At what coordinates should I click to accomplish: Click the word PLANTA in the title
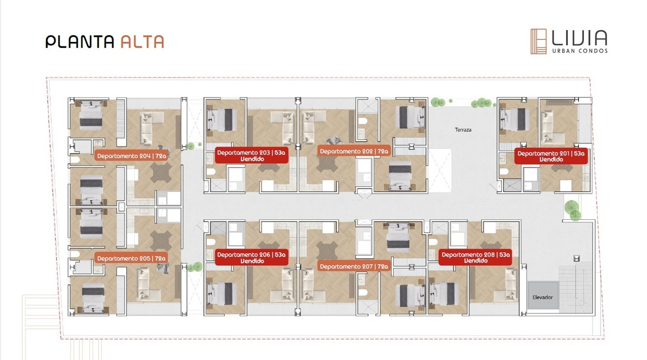coord(80,41)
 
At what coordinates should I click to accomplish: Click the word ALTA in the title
coord(142,41)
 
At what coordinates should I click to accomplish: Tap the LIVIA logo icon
coord(539,41)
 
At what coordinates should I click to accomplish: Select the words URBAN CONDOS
coord(580,51)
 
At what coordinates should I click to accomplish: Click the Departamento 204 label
coord(132,156)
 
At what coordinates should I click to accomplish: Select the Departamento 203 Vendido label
coord(252,155)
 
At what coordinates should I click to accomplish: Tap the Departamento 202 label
coord(354,151)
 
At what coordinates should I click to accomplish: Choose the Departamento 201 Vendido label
coord(551,156)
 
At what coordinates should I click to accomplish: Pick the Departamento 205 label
coord(131,258)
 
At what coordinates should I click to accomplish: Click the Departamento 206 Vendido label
coord(252,258)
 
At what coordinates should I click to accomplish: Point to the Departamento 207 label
coord(354,266)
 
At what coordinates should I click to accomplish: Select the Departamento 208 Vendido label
coord(476,257)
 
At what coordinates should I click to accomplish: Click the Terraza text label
coord(463,130)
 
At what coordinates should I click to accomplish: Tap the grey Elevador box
coord(543,295)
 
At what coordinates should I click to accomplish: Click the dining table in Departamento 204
coord(161,172)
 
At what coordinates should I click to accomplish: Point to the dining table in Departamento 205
coord(161,240)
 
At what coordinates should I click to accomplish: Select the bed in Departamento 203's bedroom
coord(222,120)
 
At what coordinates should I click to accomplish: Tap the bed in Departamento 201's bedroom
coord(515,119)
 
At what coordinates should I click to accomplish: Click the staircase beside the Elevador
coord(576,289)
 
